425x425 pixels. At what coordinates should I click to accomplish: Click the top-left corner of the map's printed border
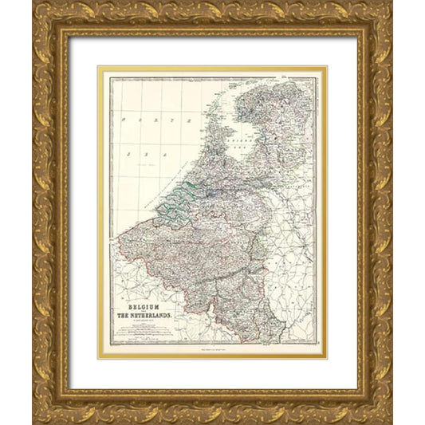pyautogui.click(x=110, y=77)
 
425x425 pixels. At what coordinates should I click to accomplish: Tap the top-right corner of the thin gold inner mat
pyautogui.click(x=326, y=66)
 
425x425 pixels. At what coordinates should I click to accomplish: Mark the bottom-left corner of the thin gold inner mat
pyautogui.click(x=99, y=359)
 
